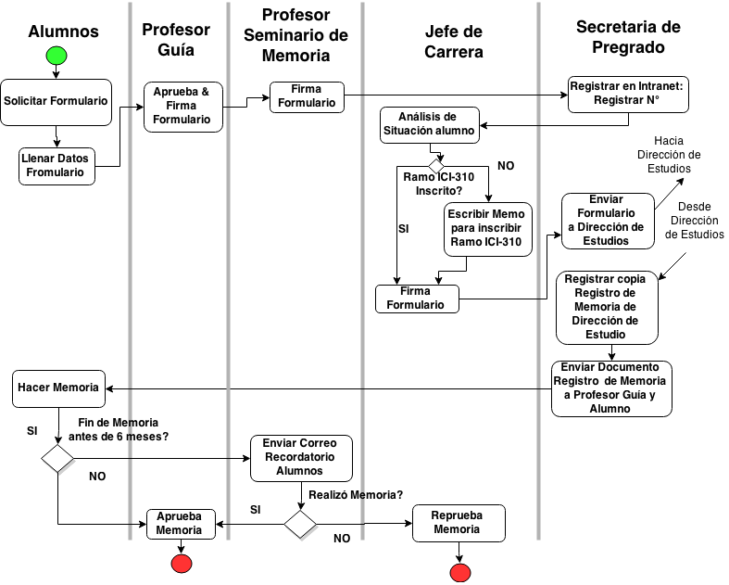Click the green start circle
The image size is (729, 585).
coord(57,56)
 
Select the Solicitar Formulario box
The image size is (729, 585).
coord(56,101)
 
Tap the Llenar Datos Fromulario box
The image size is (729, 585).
coord(57,166)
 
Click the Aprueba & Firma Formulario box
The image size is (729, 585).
coord(182,107)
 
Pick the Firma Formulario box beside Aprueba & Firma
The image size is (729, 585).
coord(307,96)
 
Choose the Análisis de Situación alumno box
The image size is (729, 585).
coord(429,124)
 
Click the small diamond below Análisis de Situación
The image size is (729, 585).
coord(436,166)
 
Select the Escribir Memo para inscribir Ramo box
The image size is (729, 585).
coord(487,229)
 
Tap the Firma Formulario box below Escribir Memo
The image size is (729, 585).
coord(416,299)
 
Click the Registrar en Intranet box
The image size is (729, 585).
coord(628,94)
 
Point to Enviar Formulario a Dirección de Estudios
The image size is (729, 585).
coord(607,221)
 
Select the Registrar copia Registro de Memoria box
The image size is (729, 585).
coord(607,307)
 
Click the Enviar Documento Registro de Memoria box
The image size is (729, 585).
coord(610,388)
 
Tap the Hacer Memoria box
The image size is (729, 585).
coord(57,388)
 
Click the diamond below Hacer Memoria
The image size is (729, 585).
coord(58,460)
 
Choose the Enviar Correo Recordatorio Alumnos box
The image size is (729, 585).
coord(301,458)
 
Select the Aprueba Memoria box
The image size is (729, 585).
coord(180,524)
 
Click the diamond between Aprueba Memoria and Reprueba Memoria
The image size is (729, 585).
coord(301,526)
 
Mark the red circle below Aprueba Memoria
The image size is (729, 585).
coord(182,564)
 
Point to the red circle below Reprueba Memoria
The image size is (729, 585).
coord(459,573)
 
